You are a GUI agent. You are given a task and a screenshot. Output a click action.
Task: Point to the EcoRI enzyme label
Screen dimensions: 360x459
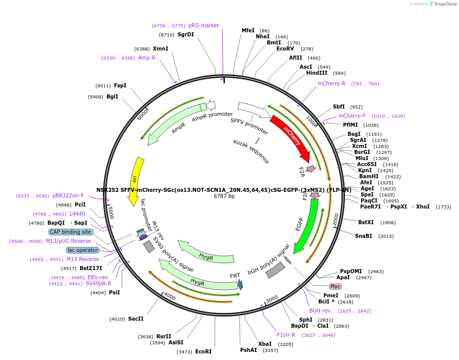click(203, 351)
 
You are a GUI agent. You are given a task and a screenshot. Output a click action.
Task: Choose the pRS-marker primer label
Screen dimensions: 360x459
click(204, 25)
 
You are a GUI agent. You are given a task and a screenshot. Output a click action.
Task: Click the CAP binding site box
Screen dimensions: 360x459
click(71, 232)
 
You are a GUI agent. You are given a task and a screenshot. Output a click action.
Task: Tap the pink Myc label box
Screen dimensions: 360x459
click(335, 286)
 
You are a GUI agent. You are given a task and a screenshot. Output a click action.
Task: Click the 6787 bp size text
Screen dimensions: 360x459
click(224, 196)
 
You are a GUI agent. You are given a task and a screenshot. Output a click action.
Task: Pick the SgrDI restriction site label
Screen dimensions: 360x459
click(186, 35)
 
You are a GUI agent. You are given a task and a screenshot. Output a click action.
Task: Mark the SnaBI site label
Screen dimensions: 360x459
click(363, 236)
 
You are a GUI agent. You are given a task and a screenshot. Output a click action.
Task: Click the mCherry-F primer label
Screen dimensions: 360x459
click(352, 116)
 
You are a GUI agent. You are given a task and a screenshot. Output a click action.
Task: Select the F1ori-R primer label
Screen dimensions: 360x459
click(286, 335)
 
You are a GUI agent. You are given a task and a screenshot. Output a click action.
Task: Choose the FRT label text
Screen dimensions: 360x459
click(235, 276)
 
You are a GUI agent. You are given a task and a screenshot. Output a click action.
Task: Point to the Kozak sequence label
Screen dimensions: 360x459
click(251, 151)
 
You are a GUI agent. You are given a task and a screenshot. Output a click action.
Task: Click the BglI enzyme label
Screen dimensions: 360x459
click(112, 96)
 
